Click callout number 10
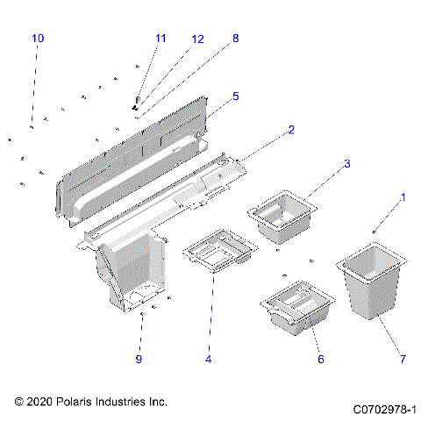(x=37, y=39)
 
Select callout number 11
(x=160, y=39)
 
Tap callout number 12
(x=197, y=39)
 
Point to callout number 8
(x=235, y=39)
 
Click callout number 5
(x=235, y=96)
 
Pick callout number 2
(x=290, y=130)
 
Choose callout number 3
(x=346, y=164)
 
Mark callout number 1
(x=403, y=198)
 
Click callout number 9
(x=138, y=359)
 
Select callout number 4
(x=208, y=359)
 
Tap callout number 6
(x=321, y=360)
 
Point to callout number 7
(x=403, y=360)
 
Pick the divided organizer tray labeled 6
(x=298, y=311)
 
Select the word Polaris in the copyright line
(x=79, y=402)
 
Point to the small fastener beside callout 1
(x=375, y=232)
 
